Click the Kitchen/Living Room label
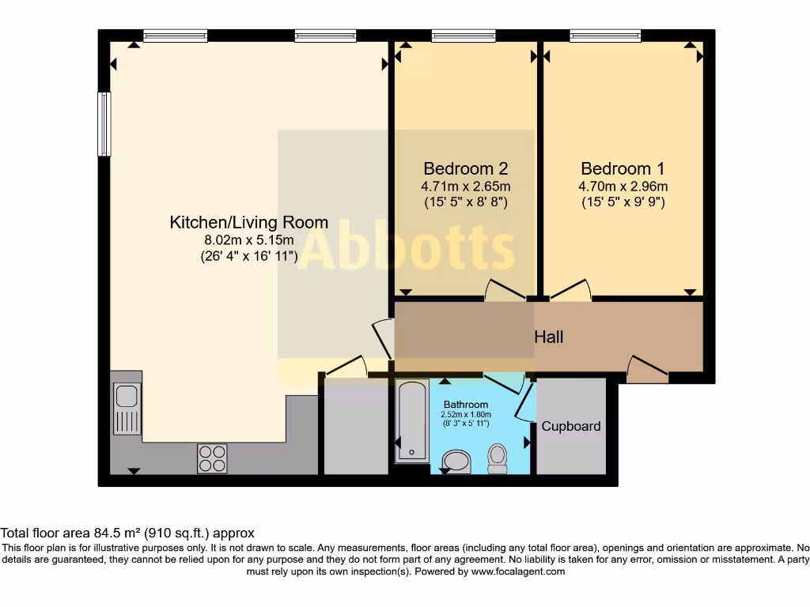click(248, 223)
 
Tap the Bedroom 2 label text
click(465, 168)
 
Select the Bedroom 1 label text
click(623, 168)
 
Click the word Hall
click(548, 337)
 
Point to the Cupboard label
click(570, 427)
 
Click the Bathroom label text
click(466, 405)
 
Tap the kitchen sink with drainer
click(127, 408)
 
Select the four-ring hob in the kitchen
click(212, 458)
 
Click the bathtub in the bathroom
click(411, 420)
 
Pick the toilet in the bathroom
click(498, 458)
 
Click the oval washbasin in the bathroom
click(456, 461)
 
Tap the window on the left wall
click(104, 124)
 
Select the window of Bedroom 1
click(605, 35)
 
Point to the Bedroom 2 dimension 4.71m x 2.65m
click(465, 187)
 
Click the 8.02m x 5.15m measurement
click(248, 240)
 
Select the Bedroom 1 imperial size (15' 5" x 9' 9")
click(623, 202)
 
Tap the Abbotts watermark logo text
click(407, 248)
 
